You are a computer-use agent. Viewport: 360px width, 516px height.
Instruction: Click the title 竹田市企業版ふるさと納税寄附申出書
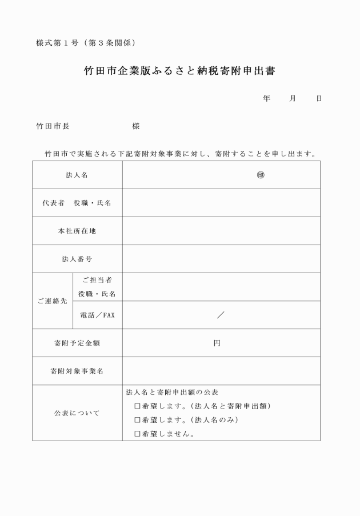coord(180,72)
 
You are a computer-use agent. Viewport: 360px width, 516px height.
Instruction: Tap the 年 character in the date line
coord(266,98)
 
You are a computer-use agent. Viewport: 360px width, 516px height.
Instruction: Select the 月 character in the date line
coord(293,98)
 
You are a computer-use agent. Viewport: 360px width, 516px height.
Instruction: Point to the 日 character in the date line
coord(319,98)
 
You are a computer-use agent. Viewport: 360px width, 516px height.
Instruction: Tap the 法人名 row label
coord(77,175)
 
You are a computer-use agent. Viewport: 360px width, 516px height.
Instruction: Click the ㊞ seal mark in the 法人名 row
coord(261,175)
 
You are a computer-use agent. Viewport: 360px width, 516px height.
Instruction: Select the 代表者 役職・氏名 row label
coord(77,203)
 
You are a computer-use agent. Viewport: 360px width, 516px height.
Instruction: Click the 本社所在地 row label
coord(77,231)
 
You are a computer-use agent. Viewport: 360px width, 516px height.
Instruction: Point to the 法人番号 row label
coord(77,259)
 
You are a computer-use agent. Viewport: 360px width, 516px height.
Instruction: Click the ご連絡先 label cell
coord(53,301)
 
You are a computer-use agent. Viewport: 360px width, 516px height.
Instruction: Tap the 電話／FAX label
coord(97,315)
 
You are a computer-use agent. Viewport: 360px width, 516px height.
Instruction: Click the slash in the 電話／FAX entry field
coord(221,315)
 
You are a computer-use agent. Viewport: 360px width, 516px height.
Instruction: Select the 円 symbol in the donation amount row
coord(217,343)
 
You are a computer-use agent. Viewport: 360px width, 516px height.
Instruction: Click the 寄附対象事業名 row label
coord(77,371)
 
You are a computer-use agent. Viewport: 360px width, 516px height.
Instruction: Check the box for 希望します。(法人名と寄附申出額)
coord(137,406)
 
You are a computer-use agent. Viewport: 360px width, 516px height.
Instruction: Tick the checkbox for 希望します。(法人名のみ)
coord(137,420)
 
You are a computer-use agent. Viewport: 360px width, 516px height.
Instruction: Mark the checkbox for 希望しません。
coord(137,434)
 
